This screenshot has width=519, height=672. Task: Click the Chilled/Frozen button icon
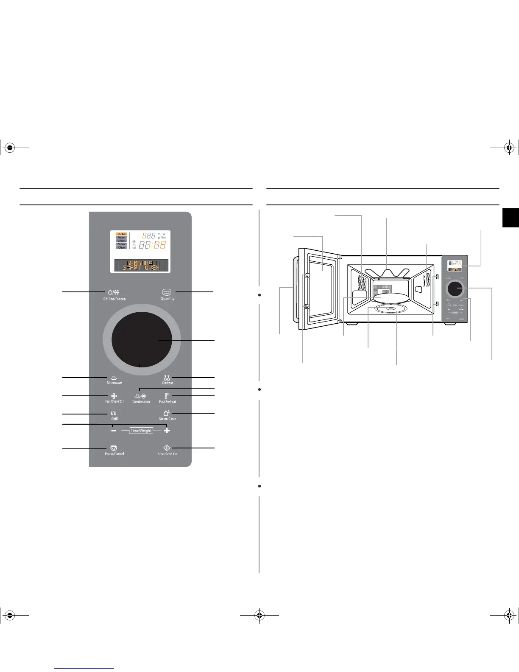pyautogui.click(x=114, y=292)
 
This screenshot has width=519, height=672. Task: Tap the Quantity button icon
pyautogui.click(x=167, y=292)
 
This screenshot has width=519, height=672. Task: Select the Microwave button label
pyautogui.click(x=114, y=383)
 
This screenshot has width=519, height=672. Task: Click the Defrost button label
pyautogui.click(x=167, y=383)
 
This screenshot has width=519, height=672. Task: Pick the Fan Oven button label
pyautogui.click(x=114, y=401)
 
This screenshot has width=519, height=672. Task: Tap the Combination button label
pyautogui.click(x=141, y=401)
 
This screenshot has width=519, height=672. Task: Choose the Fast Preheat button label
pyautogui.click(x=167, y=401)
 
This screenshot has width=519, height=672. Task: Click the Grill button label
pyautogui.click(x=114, y=419)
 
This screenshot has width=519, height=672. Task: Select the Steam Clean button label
pyautogui.click(x=167, y=419)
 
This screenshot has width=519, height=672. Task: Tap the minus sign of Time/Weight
pyautogui.click(x=114, y=431)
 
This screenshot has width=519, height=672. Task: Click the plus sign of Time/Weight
pyautogui.click(x=167, y=431)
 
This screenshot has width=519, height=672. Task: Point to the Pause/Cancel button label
pyautogui.click(x=114, y=454)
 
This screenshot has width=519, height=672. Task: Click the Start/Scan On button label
pyautogui.click(x=167, y=454)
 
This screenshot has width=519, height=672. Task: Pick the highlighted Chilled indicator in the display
pyautogui.click(x=122, y=234)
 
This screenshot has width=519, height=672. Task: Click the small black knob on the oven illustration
pyautogui.click(x=455, y=289)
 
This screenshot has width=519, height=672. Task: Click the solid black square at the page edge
pyautogui.click(x=511, y=218)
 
